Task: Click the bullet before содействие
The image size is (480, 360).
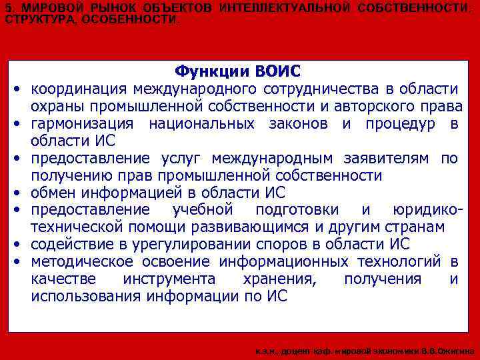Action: [15, 245]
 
